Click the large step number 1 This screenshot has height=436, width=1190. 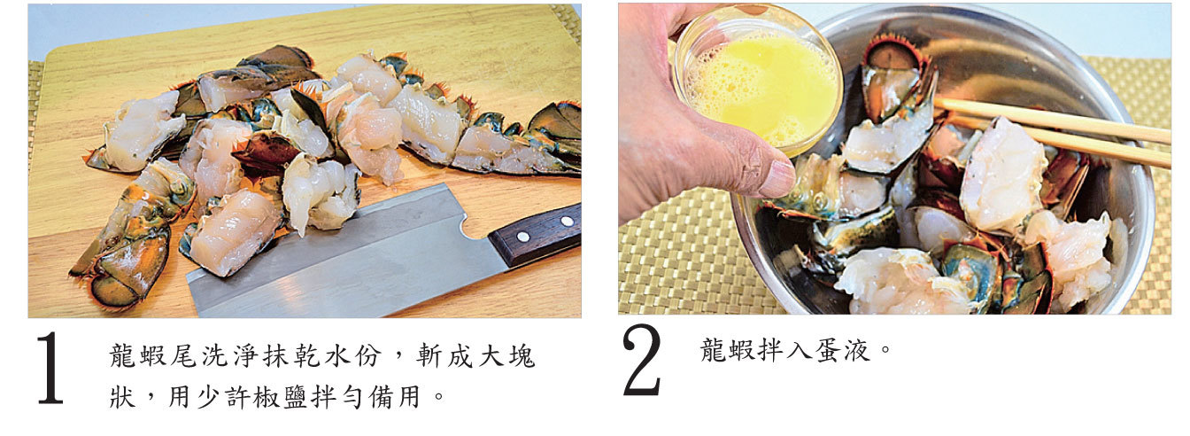[x=50, y=368]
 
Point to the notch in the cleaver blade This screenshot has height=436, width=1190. [x=471, y=226]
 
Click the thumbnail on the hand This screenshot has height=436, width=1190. [x=777, y=178]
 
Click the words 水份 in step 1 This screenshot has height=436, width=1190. [x=353, y=355]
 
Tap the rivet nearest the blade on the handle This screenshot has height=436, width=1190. [x=523, y=237]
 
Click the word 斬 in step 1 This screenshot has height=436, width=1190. [x=429, y=355]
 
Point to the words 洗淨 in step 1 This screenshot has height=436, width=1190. [x=230, y=355]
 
